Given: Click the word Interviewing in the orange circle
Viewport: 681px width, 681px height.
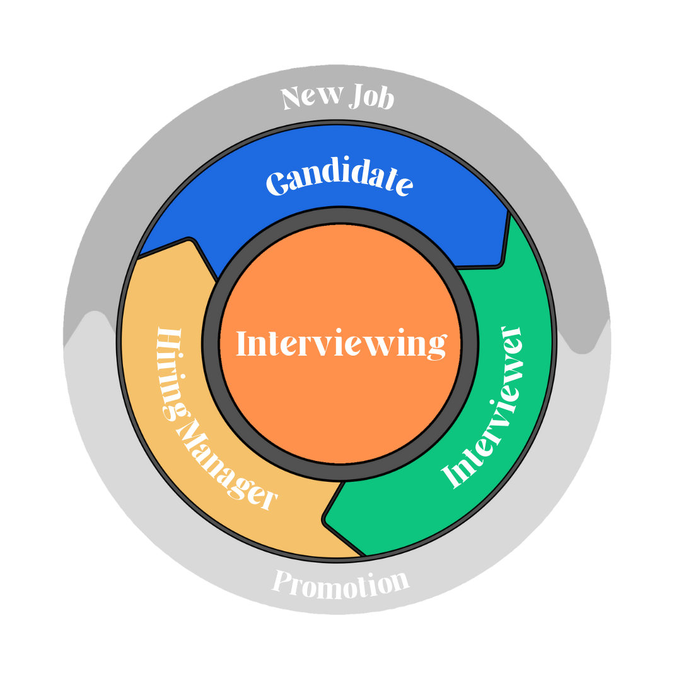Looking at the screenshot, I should point(340,344).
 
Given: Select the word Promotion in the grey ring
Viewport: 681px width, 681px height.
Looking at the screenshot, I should point(340,583).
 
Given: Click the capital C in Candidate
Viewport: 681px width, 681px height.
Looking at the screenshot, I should point(275,184).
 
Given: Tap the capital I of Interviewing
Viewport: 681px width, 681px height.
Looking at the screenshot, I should point(242,344).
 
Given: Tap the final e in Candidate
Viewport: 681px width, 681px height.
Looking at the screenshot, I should point(404,185).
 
